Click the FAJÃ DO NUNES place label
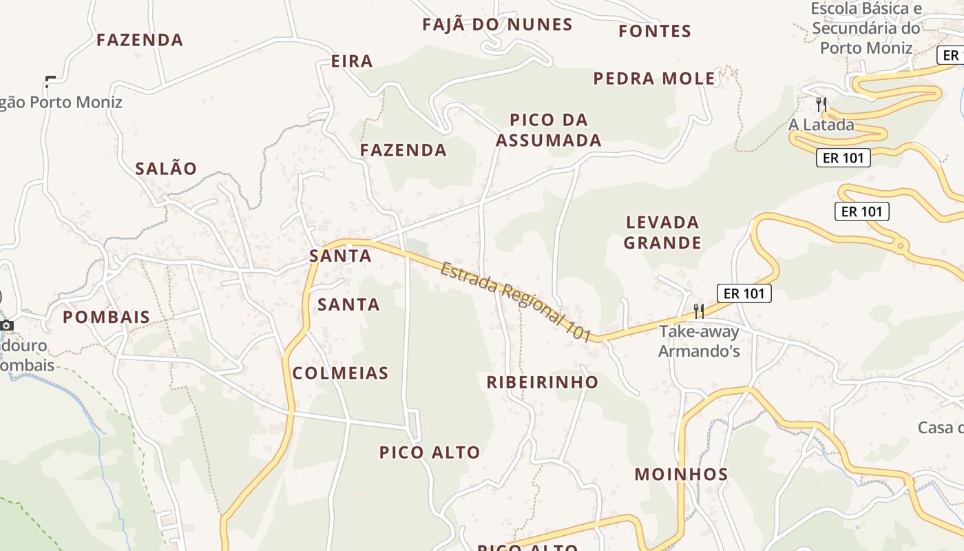tap(497, 25)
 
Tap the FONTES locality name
tap(654, 31)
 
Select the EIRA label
tap(352, 61)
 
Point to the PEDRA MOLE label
tap(654, 79)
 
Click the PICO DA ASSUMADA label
tap(549, 130)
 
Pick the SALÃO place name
tap(166, 169)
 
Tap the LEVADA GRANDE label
tap(663, 232)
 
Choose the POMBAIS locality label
tap(106, 317)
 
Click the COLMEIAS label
tap(341, 373)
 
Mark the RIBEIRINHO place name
tap(543, 382)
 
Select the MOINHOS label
tap(681, 474)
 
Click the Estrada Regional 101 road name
tap(516, 301)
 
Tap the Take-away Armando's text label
tap(699, 341)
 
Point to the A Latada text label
tap(821, 125)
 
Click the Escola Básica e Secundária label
tap(866, 28)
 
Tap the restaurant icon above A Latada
tap(821, 105)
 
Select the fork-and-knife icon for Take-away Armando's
tap(699, 311)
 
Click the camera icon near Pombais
tap(7, 325)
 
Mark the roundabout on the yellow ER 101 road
tap(900, 245)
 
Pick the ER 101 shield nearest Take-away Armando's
tap(744, 293)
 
